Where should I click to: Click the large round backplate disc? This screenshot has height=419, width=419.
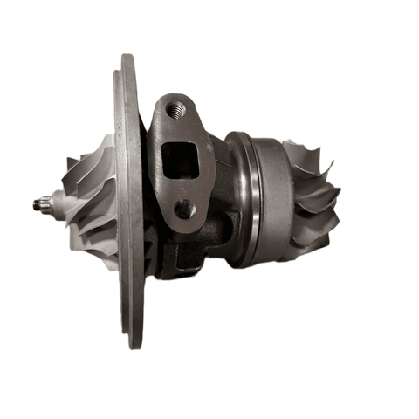click(131, 201)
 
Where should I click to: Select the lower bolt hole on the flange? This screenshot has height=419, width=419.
click(184, 209)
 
